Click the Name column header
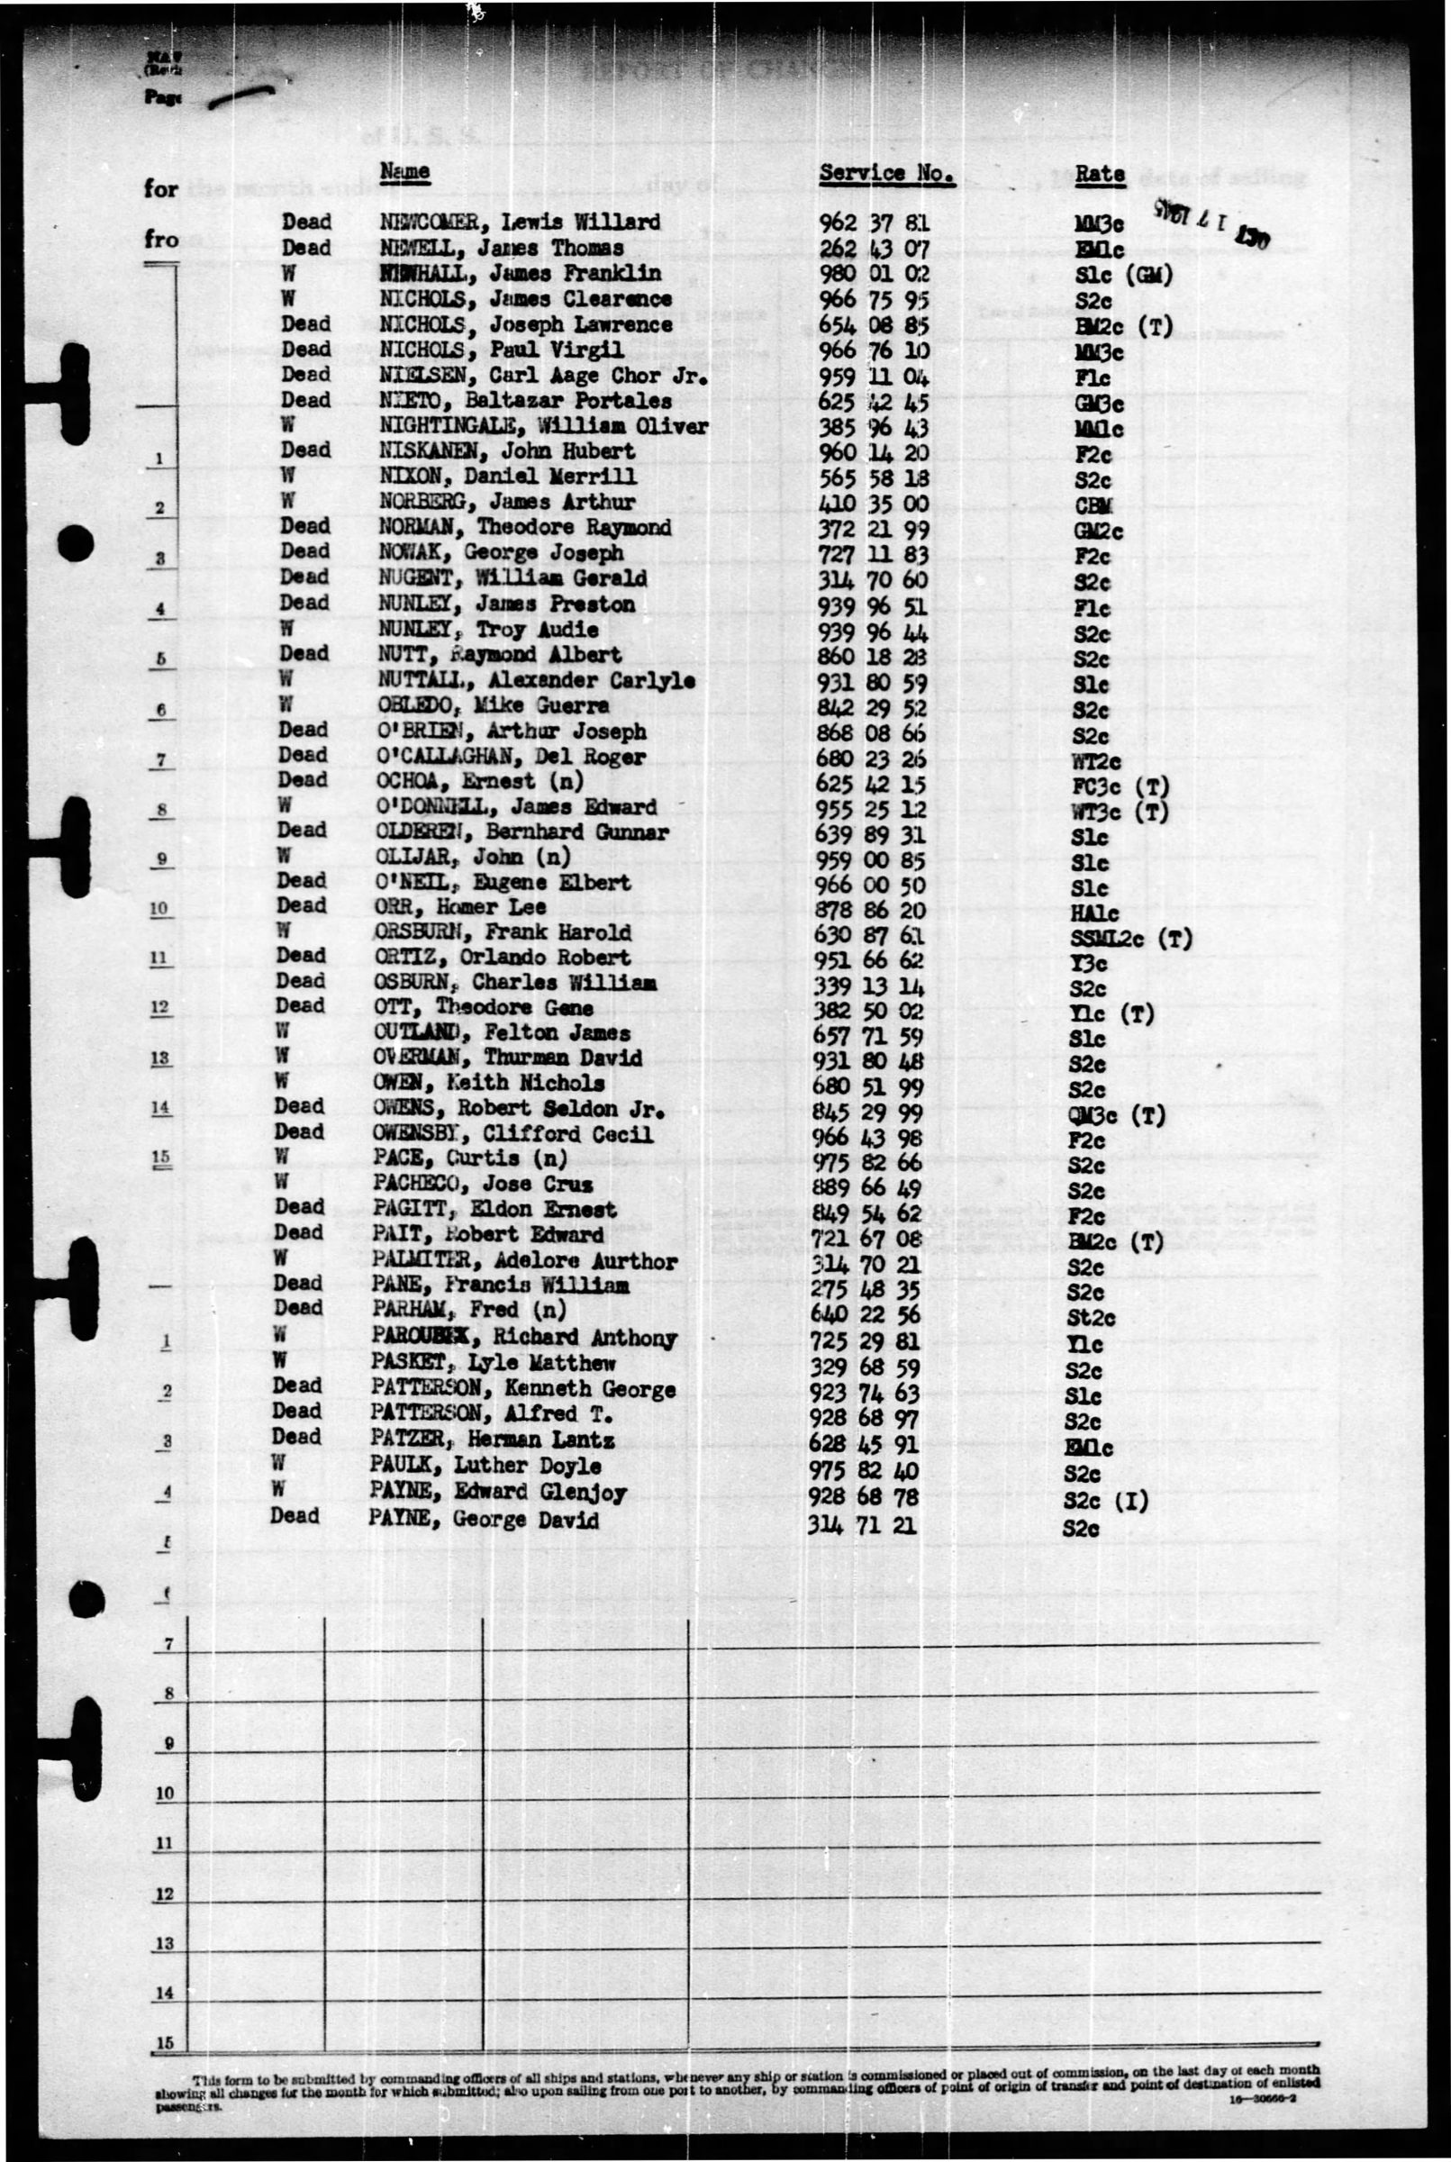[x=404, y=171]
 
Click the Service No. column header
[x=885, y=172]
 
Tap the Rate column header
[x=1100, y=174]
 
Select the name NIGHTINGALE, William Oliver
[x=543, y=427]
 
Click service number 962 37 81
[x=875, y=223]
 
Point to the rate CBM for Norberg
[x=1093, y=505]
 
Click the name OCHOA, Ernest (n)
[x=478, y=782]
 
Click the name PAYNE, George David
[x=483, y=1520]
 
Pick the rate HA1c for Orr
[x=1093, y=913]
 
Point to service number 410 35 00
[x=875, y=504]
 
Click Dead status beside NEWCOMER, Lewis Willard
[x=306, y=223]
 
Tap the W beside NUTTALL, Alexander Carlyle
[x=288, y=679]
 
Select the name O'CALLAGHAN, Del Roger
[x=512, y=757]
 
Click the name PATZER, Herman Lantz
[x=485, y=1440]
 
